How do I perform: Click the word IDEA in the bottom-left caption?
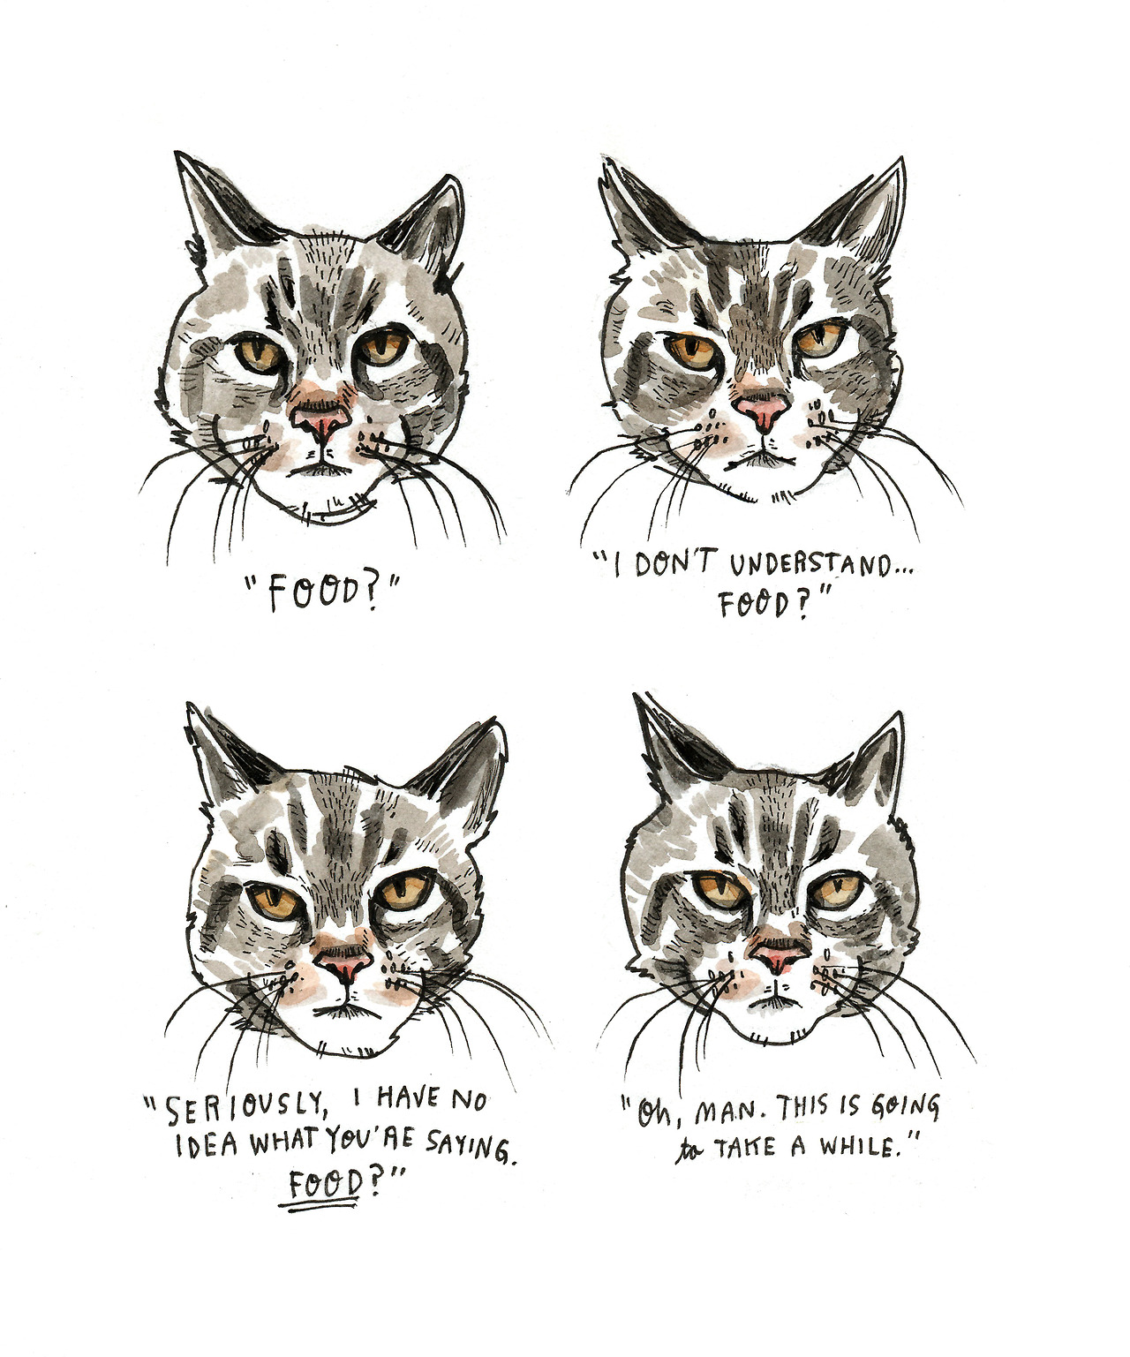[x=207, y=1146]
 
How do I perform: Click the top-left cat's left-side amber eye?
[x=260, y=353]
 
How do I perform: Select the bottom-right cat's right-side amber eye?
[x=838, y=893]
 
